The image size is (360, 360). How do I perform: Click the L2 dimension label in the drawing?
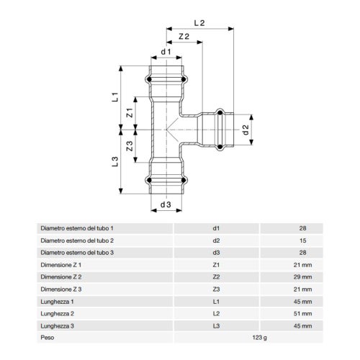point(199,23)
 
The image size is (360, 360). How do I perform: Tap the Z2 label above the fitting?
point(184,37)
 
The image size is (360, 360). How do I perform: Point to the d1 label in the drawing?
point(166,52)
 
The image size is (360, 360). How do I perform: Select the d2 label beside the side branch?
point(246,130)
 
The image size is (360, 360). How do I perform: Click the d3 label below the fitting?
point(166,204)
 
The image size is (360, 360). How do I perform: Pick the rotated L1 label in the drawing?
point(115,97)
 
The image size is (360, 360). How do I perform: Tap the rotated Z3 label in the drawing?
point(130,146)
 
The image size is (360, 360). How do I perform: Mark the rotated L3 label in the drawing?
point(115,161)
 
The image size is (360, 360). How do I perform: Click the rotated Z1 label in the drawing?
point(130,112)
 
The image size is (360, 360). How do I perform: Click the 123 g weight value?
point(259,338)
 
